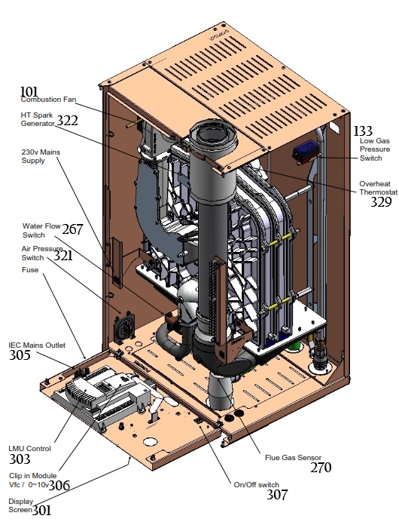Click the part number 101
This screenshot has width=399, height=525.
pos(29,91)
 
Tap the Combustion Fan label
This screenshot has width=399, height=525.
pos(48,100)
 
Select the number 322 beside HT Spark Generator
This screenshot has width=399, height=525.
pos(67,121)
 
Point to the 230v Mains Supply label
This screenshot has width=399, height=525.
pos(41,156)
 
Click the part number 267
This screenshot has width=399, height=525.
pos(72,229)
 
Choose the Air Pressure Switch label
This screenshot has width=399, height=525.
pos(42,253)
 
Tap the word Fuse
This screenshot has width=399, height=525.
pos(30,270)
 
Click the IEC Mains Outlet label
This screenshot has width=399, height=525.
pos(37,345)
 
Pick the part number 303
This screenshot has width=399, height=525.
pos(20,459)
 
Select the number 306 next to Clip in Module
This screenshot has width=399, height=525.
pos(59,485)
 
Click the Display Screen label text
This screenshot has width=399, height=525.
pos(21,505)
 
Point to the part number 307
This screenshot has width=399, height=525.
pos(277,495)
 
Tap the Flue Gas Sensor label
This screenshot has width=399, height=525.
pos(293,458)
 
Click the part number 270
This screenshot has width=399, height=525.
pos(321,468)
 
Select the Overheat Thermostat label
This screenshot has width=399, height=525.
pos(378,188)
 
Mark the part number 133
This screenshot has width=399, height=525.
pos(363,130)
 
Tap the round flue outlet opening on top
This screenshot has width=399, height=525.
pos(214,137)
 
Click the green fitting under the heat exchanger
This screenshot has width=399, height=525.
pos(295,347)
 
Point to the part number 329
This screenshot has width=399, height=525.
pos(381,202)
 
